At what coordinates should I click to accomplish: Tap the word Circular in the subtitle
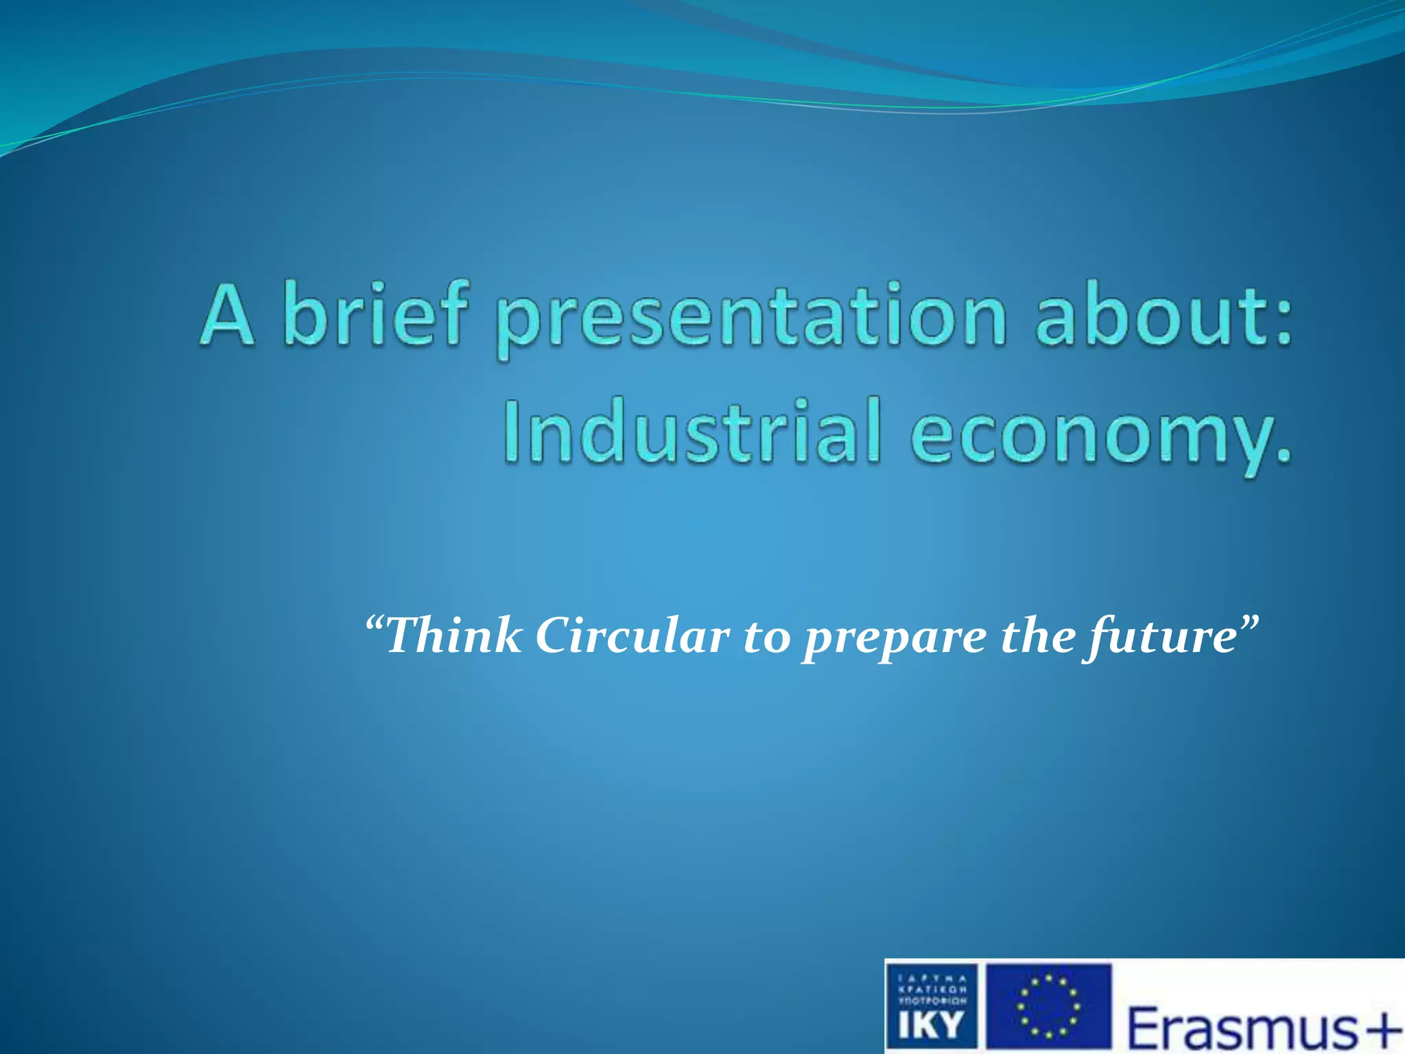[632, 635]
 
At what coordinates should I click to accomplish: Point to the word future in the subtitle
[1159, 638]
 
